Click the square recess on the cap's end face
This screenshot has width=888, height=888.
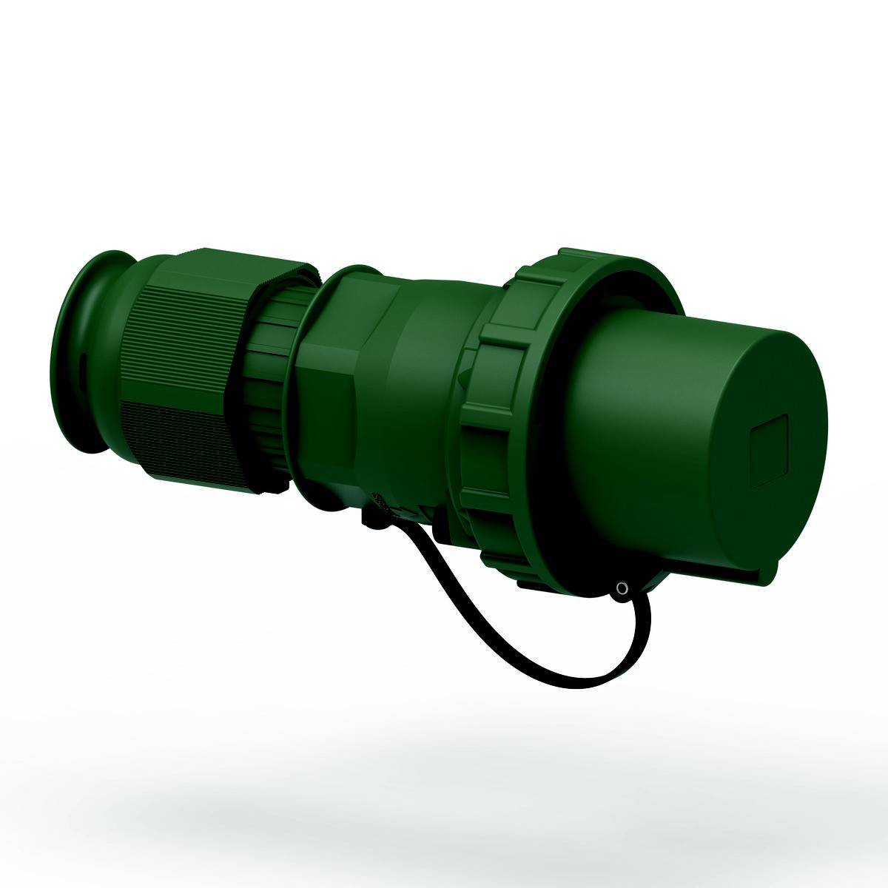(771, 452)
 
